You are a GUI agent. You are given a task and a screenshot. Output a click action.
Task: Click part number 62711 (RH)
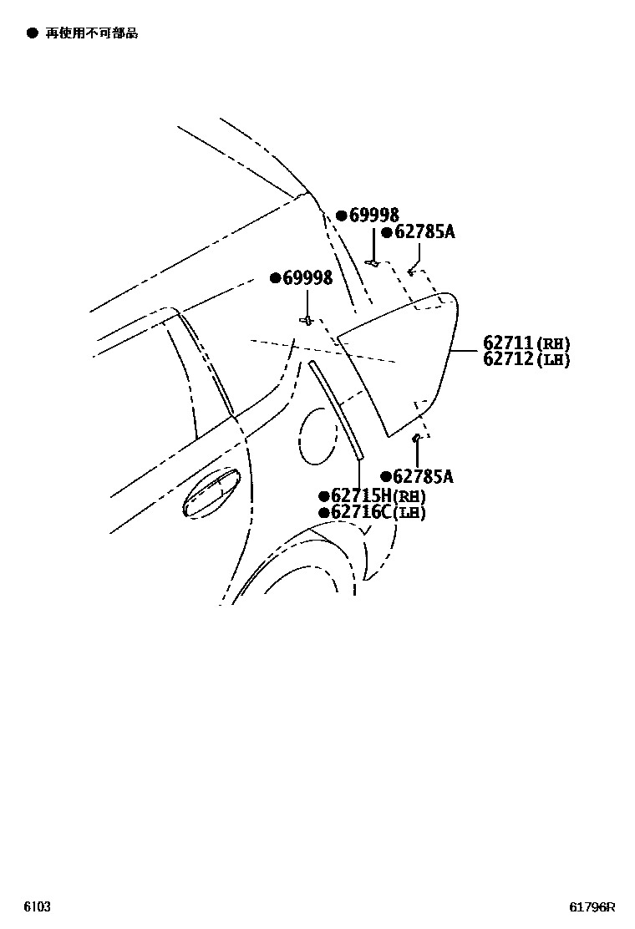click(x=526, y=343)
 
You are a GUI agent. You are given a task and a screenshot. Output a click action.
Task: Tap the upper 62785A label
click(x=424, y=232)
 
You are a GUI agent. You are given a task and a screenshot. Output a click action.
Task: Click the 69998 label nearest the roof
click(x=373, y=216)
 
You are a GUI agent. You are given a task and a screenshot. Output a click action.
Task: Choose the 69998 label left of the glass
click(x=307, y=277)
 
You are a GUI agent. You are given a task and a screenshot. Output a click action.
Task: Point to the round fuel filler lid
click(x=317, y=434)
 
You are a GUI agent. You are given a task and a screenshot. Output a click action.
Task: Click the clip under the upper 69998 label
click(x=375, y=263)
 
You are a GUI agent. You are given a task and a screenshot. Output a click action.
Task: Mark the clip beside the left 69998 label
click(x=307, y=320)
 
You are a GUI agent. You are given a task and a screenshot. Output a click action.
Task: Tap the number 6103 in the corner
click(x=38, y=907)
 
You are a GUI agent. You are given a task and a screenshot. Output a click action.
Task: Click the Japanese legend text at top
click(x=92, y=33)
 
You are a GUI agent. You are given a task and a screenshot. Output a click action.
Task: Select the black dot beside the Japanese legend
click(x=32, y=33)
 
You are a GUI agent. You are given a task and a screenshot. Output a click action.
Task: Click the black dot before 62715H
click(x=324, y=495)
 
